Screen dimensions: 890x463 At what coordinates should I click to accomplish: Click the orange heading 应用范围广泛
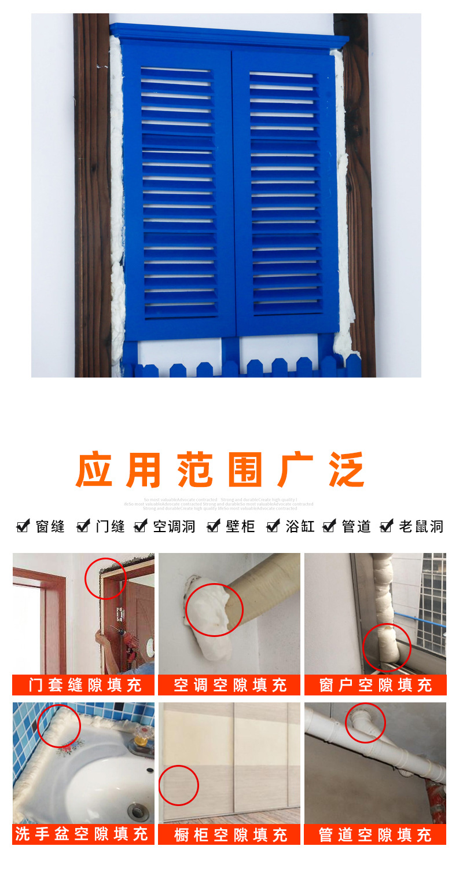tap(221, 470)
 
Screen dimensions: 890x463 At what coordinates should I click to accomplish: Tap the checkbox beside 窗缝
tap(23, 526)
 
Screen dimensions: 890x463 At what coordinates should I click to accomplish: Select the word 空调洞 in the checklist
tap(174, 526)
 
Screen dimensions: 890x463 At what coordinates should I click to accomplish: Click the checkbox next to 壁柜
tap(214, 526)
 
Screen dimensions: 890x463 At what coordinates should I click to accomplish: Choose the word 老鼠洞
tap(421, 526)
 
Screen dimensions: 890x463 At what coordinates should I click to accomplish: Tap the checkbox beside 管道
tap(329, 526)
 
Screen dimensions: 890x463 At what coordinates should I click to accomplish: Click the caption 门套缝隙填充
tap(84, 685)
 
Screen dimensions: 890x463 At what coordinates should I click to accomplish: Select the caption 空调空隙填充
tap(230, 685)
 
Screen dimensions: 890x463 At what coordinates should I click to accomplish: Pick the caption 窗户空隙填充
tap(376, 685)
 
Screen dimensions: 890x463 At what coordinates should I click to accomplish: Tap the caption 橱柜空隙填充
tap(230, 834)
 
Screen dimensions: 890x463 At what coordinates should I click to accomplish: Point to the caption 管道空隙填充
tap(376, 834)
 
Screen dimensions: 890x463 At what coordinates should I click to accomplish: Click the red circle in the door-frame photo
tap(105, 578)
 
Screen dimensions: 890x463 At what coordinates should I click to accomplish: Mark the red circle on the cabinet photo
tap(178, 785)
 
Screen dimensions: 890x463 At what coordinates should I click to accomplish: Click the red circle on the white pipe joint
tap(366, 723)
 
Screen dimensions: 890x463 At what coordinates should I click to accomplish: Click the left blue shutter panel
tap(178, 191)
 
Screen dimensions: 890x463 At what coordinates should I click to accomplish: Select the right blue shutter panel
tap(285, 191)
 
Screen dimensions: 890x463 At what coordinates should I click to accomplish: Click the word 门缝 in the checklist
tap(110, 526)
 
